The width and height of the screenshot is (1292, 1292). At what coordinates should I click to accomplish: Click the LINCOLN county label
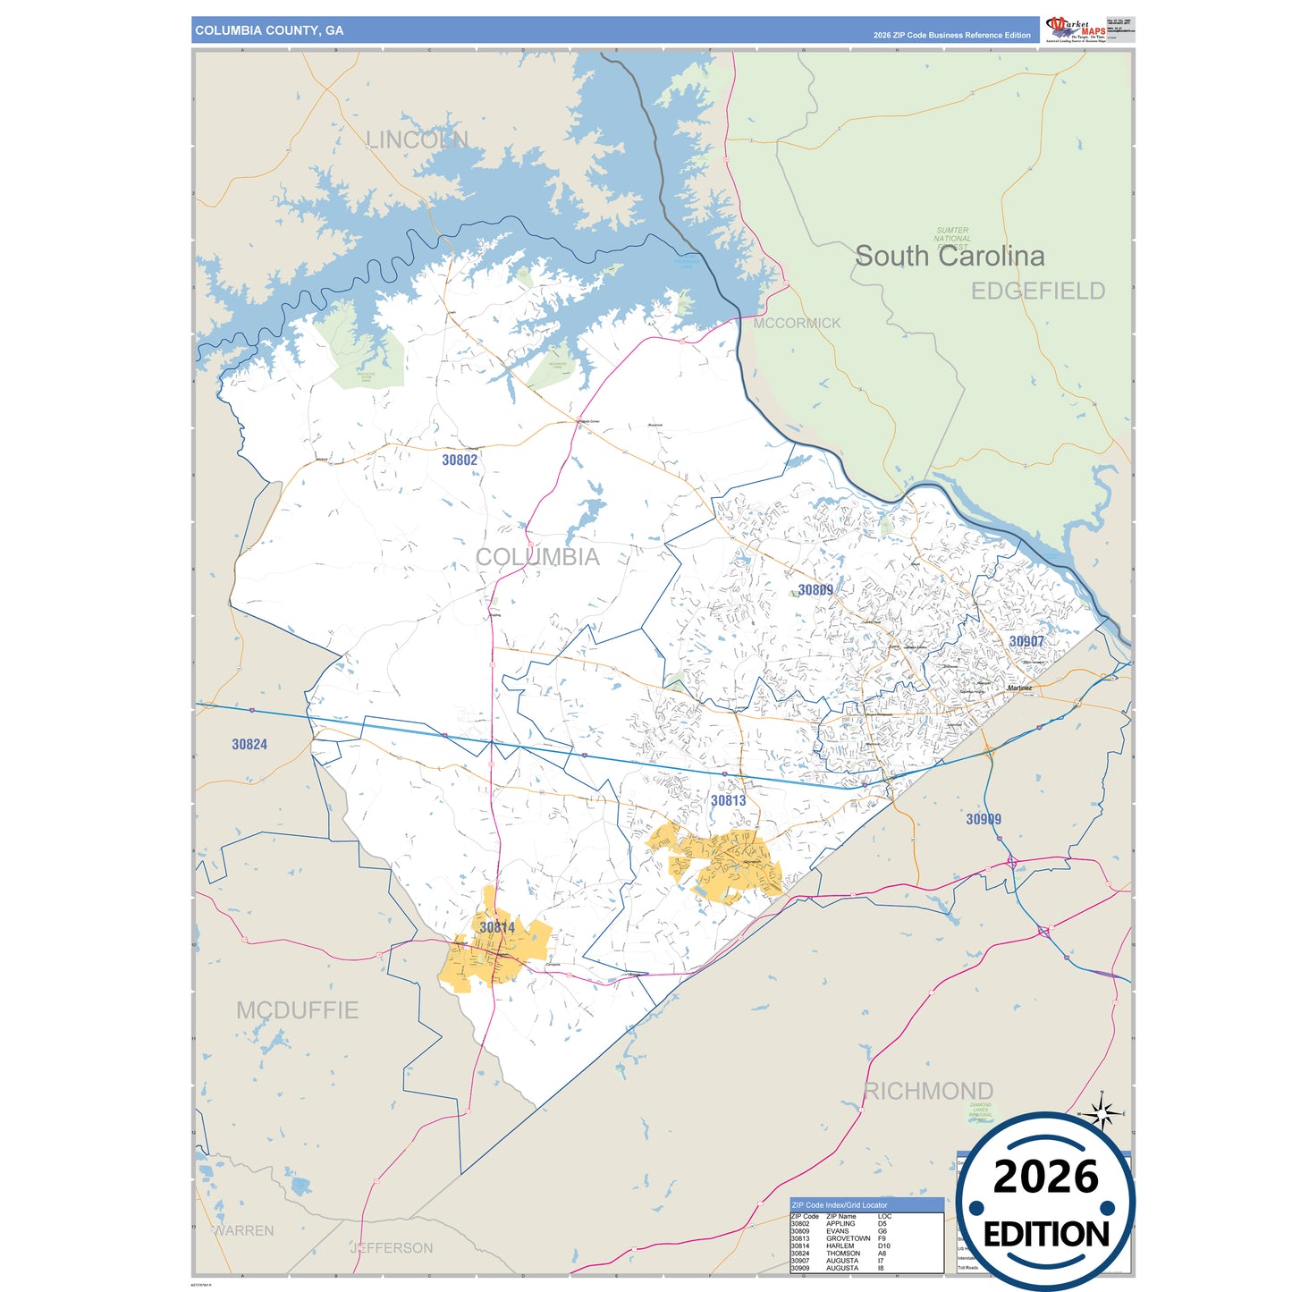418,140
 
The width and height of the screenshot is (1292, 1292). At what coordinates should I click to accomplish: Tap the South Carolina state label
950,257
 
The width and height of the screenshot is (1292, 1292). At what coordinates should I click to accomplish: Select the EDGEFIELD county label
1038,291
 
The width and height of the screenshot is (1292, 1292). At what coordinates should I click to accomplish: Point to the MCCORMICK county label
797,324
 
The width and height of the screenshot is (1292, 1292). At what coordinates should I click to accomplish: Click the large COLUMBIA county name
537,557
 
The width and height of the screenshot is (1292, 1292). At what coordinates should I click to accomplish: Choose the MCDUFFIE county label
298,1010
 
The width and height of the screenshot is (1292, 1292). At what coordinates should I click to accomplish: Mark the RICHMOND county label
928,1091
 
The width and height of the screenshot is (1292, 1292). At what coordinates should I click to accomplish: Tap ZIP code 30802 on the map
460,460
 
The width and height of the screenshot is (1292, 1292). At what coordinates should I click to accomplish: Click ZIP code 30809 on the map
815,590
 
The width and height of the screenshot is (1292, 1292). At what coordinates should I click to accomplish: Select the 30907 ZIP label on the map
1026,642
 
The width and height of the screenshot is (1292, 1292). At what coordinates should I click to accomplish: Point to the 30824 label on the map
249,745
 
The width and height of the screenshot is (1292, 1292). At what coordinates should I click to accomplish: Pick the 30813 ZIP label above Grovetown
728,801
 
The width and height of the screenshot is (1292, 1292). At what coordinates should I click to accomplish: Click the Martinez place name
1019,688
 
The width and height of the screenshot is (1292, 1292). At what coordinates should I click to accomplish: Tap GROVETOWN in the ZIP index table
848,1238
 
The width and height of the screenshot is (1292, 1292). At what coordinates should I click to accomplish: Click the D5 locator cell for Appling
882,1224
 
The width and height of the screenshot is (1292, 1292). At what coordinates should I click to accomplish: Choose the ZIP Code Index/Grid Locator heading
840,1205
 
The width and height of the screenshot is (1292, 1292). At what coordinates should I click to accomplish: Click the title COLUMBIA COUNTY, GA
269,30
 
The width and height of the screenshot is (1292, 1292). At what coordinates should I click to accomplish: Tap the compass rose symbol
1102,1113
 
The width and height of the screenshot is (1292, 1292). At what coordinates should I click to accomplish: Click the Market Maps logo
1076,30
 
